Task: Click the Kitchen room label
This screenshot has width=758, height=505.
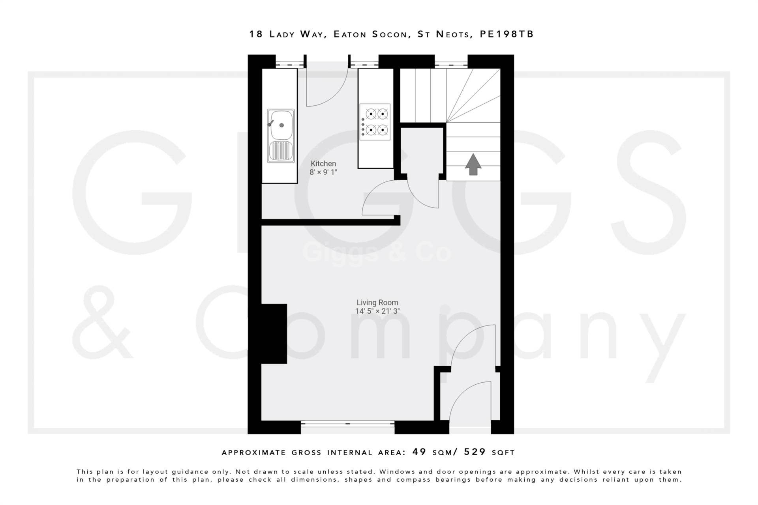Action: click(x=323, y=163)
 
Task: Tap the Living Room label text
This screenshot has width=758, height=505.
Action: click(x=377, y=303)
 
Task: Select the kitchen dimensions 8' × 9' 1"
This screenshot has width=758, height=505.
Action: click(x=323, y=172)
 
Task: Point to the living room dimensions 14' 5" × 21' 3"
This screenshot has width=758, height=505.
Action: click(x=377, y=311)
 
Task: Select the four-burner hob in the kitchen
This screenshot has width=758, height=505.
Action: click(x=375, y=122)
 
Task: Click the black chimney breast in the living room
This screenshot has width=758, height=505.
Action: click(x=274, y=333)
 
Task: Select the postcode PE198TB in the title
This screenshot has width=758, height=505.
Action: click(x=507, y=34)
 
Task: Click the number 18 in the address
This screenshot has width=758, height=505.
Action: click(x=256, y=34)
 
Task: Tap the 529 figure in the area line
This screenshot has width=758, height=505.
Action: click(x=475, y=452)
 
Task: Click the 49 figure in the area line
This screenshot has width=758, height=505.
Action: click(x=419, y=452)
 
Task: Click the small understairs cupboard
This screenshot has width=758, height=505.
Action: click(x=422, y=150)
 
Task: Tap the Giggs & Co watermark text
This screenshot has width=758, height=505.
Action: click(x=377, y=252)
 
